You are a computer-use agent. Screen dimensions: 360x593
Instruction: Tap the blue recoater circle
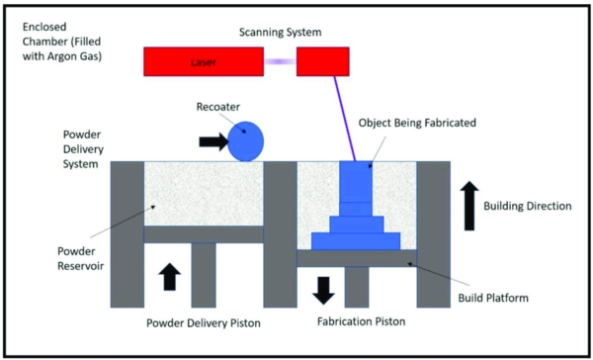pos(245,141)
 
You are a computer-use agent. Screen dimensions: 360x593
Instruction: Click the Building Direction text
pos(528,206)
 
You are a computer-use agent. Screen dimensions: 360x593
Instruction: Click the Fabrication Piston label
pos(357,320)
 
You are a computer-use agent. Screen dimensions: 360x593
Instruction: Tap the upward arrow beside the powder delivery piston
pos(171,275)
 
